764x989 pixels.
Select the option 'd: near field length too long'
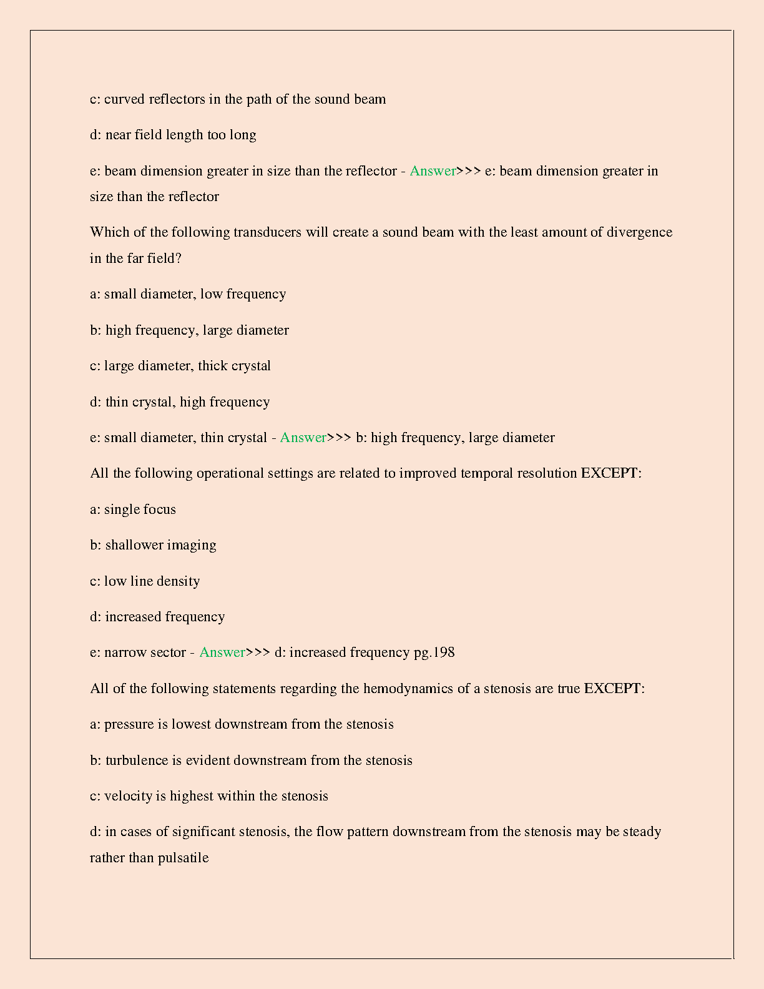pos(173,135)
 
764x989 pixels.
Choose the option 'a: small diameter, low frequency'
pos(188,294)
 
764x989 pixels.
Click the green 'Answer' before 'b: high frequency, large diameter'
pos(303,438)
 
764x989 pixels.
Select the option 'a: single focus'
pos(133,509)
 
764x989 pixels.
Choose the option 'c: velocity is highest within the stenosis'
pos(209,796)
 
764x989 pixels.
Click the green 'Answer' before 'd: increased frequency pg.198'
pos(222,652)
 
